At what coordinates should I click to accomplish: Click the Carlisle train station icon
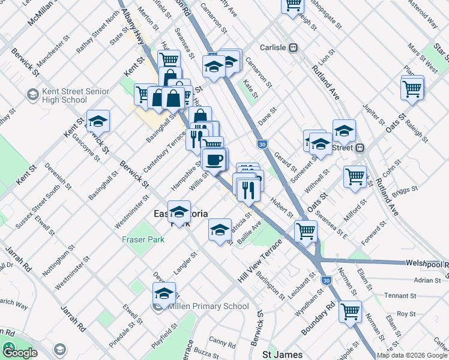click(x=294, y=48)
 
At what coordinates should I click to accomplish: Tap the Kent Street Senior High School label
click(x=76, y=95)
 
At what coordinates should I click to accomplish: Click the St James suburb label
click(x=281, y=355)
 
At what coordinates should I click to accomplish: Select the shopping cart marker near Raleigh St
click(x=412, y=89)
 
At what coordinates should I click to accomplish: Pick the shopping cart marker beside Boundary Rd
click(x=350, y=311)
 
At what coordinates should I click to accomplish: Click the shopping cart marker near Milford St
click(x=355, y=176)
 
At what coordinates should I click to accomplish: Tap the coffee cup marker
click(x=214, y=160)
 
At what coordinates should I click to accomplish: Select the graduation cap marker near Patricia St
click(x=220, y=230)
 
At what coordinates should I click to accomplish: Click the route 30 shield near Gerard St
click(x=261, y=145)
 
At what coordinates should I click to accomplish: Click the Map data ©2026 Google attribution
click(x=412, y=355)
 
